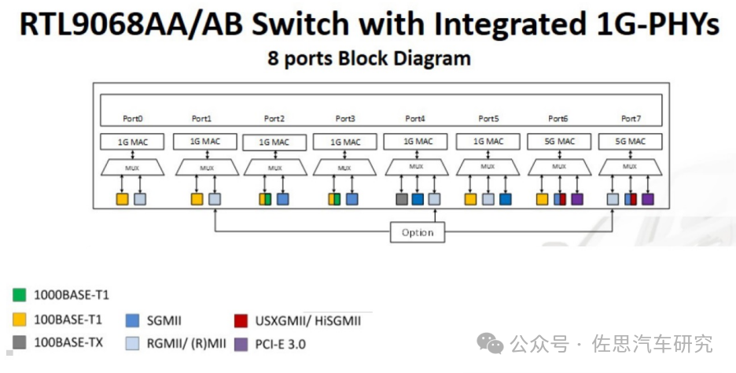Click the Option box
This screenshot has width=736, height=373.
[417, 232]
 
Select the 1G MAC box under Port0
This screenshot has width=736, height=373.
[131, 142]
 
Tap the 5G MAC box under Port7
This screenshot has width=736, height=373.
[630, 142]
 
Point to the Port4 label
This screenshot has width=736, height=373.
[415, 119]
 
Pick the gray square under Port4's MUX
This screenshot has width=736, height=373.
[402, 200]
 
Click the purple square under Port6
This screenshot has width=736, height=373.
[577, 200]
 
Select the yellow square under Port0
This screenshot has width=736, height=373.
[122, 200]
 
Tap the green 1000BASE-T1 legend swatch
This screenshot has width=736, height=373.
[20, 295]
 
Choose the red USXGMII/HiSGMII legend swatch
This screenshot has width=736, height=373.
[241, 320]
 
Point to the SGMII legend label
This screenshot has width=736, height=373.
[164, 320]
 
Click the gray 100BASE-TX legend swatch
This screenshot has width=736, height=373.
[20, 343]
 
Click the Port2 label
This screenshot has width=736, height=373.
[274, 119]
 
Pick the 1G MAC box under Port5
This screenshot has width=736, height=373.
[488, 142]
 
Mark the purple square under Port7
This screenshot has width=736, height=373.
[648, 200]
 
